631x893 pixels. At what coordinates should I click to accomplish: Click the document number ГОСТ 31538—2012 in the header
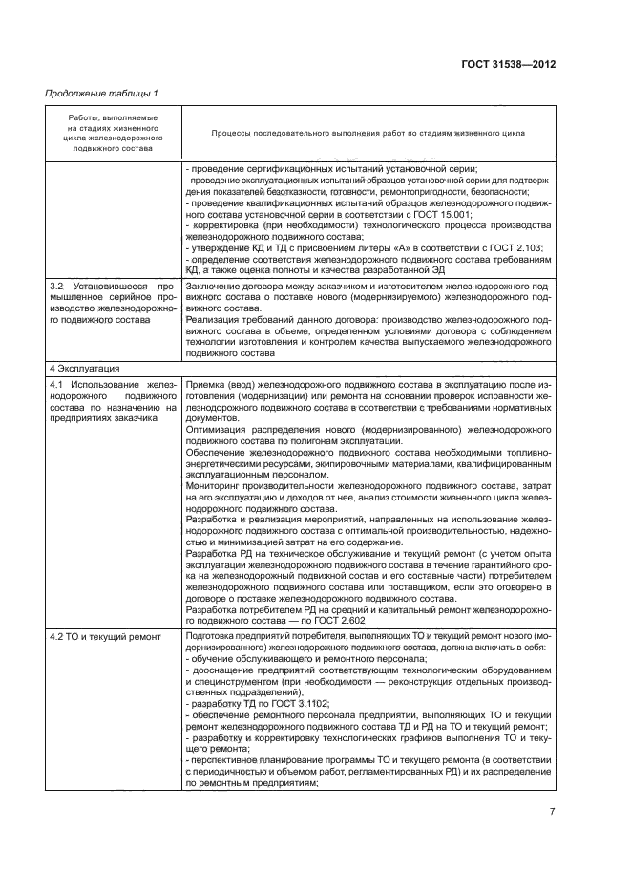509,64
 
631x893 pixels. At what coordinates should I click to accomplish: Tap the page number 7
553,812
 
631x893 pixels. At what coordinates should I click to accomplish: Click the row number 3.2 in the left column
57,287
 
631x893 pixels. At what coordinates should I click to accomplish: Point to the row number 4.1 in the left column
57,385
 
